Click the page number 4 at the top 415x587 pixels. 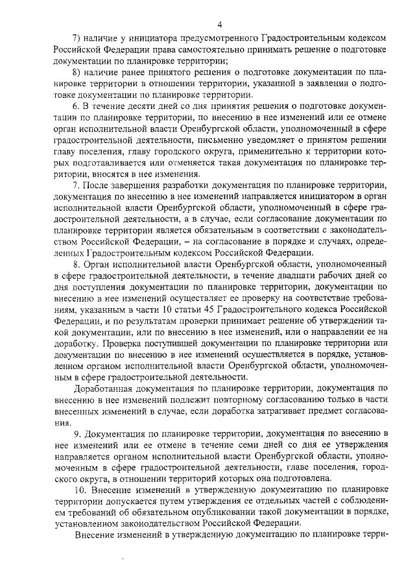(220, 25)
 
